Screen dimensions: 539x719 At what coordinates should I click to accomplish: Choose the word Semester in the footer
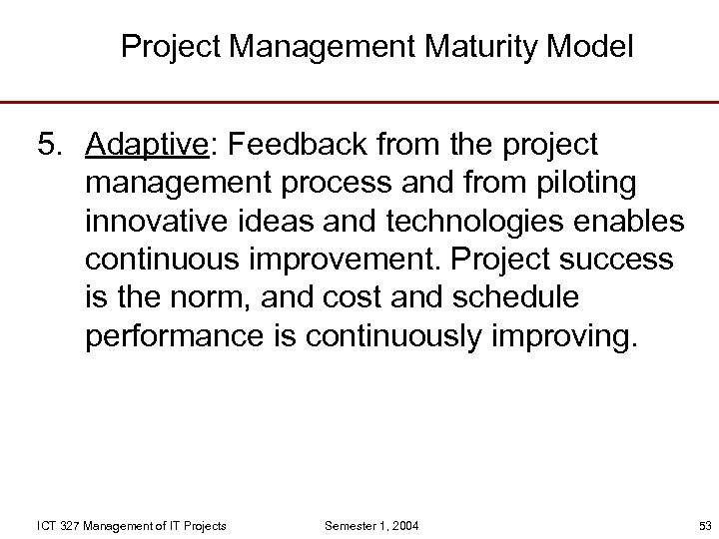(347, 525)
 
